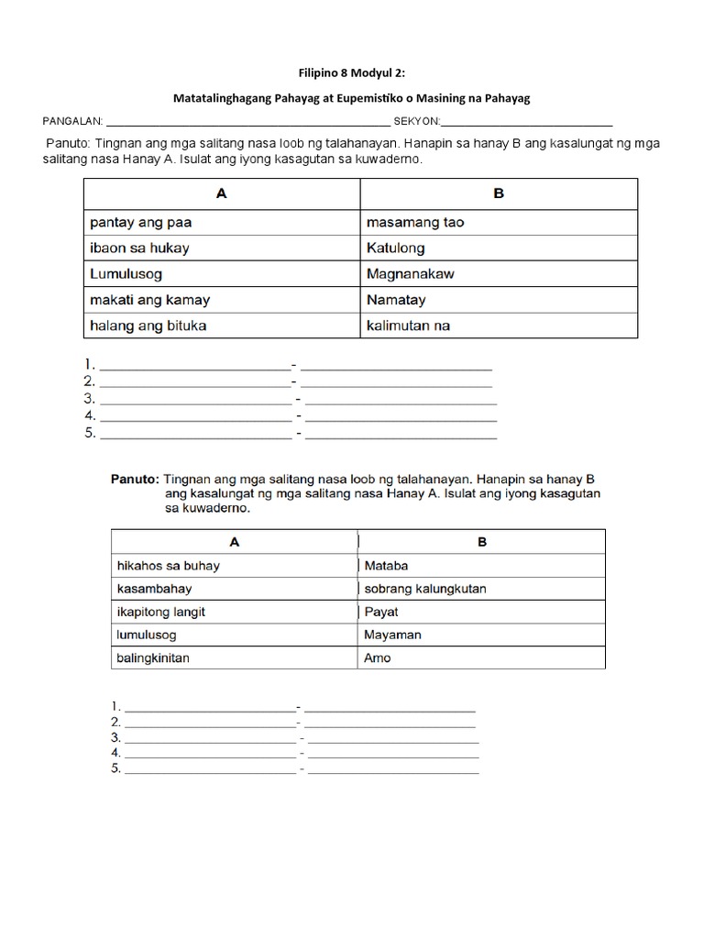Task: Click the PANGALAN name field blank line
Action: (248, 123)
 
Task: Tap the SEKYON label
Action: (416, 122)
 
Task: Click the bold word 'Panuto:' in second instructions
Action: (135, 479)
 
